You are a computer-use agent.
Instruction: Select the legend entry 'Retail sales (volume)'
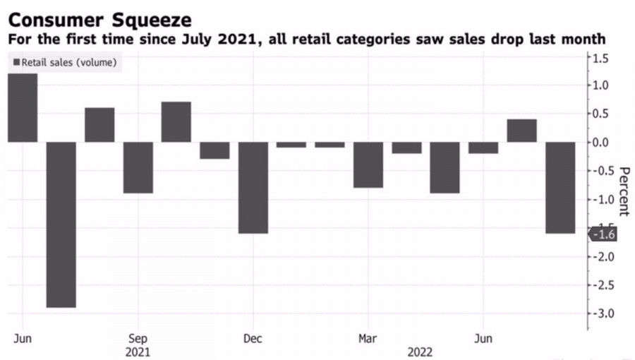[65, 63]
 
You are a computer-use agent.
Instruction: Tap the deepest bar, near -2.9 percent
[61, 224]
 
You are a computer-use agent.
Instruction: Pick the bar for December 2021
[253, 187]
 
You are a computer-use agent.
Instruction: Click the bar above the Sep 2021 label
[138, 167]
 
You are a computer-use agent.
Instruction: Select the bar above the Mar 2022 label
[368, 164]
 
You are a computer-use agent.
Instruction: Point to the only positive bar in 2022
[521, 131]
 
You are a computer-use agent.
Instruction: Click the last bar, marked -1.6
[560, 187]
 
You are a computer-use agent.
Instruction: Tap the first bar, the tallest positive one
[23, 108]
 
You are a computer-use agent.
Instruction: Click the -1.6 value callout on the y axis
[604, 234]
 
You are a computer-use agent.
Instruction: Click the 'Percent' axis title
[623, 191]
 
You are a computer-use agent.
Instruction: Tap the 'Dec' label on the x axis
[253, 338]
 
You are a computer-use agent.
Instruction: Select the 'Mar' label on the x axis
[368, 338]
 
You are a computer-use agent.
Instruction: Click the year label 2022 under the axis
[419, 351]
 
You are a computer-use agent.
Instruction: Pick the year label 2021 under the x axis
[138, 351]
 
